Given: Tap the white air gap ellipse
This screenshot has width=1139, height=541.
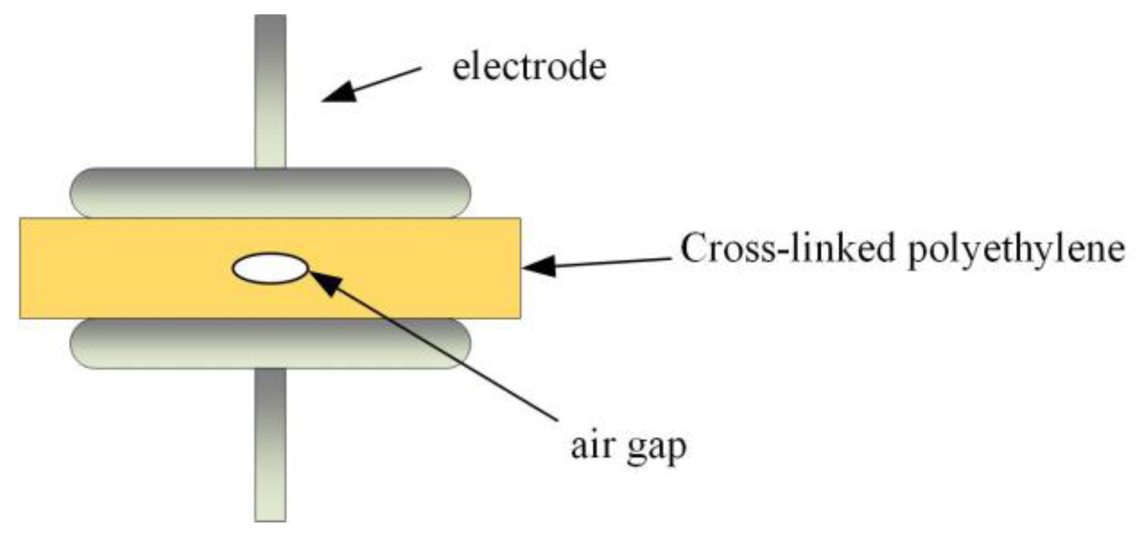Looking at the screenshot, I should tap(270, 268).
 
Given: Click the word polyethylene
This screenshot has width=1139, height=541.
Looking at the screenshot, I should tap(1016, 250).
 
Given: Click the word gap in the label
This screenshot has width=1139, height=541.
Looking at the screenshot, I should tap(656, 448).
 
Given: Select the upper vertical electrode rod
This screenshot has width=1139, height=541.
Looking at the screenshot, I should tap(270, 90).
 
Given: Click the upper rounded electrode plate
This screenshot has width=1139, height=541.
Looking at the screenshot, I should tap(270, 192).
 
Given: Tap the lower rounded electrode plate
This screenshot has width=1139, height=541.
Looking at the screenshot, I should tap(270, 343).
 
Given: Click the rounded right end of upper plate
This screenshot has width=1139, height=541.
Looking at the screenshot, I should tap(457, 192).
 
